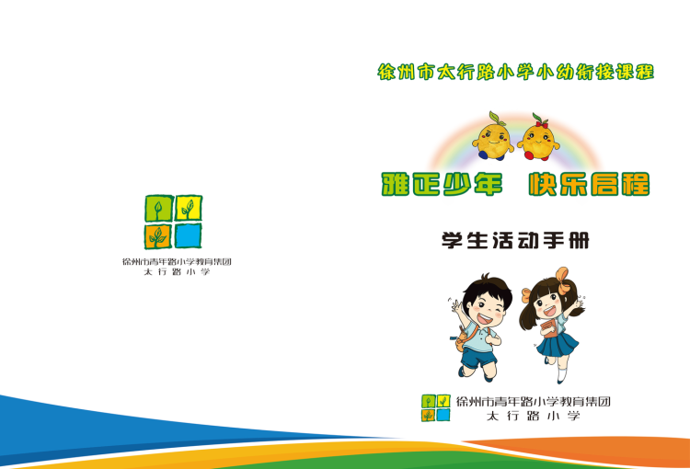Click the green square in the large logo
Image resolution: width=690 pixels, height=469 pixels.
coord(158,208)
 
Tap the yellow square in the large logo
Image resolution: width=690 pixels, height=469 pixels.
coord(189,208)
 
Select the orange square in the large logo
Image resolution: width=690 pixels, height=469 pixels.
coord(158,236)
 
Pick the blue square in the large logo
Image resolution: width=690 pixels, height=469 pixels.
coord(189,235)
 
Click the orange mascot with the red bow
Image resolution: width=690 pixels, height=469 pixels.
coord(538,137)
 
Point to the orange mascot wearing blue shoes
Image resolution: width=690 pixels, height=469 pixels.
coord(493,136)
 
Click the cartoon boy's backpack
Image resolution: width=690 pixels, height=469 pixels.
coord(463,338)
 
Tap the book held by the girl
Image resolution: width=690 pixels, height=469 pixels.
coord(549,328)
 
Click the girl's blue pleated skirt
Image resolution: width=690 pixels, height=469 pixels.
coord(558,345)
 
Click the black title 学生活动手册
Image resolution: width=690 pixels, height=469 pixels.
coord(515,240)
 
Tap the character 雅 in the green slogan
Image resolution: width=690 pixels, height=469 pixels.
coord(396,184)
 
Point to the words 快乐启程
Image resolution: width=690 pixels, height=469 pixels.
coord(589,184)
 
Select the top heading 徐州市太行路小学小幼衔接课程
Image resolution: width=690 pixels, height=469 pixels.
coord(516,72)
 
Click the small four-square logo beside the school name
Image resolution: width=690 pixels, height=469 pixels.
coord(436,407)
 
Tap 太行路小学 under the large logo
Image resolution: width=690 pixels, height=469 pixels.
coord(177,272)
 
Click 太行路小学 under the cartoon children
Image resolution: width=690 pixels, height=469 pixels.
coord(533,416)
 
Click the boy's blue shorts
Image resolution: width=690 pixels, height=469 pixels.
coord(477,357)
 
